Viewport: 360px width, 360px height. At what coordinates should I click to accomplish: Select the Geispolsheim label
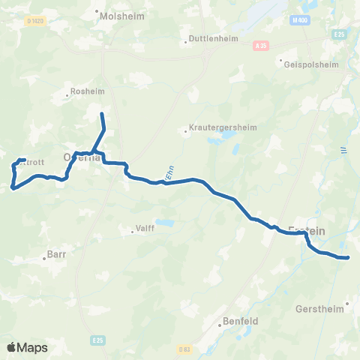[307, 64]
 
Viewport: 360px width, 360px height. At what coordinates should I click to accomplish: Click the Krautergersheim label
[223, 127]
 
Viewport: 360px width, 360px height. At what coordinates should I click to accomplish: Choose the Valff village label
[145, 228]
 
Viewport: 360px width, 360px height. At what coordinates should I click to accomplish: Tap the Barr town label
[58, 254]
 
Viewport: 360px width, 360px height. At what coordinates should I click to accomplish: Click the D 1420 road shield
[33, 21]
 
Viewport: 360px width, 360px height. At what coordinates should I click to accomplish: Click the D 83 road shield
[184, 349]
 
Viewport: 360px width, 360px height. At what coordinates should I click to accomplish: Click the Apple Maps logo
[27, 347]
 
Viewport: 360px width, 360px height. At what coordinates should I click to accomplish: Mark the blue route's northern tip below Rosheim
[102, 114]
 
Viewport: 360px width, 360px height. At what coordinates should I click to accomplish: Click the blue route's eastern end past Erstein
[348, 258]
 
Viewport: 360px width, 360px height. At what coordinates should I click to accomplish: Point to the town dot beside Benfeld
[220, 325]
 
